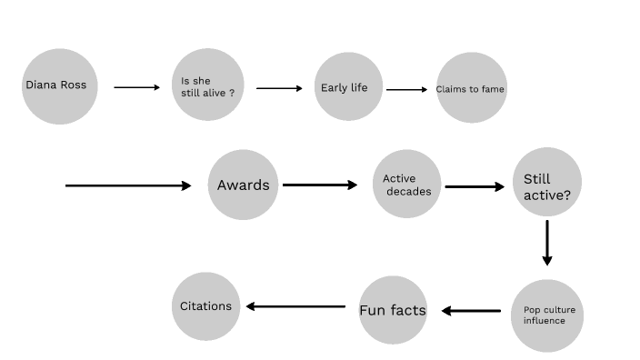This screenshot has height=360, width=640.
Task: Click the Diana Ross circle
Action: click(x=60, y=86)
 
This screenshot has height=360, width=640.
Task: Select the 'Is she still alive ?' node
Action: click(x=208, y=86)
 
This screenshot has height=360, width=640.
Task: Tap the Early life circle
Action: click(x=348, y=87)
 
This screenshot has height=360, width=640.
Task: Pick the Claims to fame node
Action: click(x=470, y=88)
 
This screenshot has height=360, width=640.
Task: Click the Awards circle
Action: click(x=243, y=185)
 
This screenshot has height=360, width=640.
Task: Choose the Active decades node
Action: click(x=406, y=185)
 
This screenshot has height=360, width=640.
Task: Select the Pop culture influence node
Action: click(x=545, y=315)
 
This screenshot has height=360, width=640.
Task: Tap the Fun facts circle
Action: click(x=393, y=311)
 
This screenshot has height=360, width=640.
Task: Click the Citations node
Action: click(x=206, y=306)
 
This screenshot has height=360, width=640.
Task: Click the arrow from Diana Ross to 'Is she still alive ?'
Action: click(x=135, y=87)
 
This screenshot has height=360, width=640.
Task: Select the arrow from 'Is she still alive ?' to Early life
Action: click(x=279, y=88)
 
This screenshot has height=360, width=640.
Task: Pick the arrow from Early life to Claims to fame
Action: click(x=406, y=89)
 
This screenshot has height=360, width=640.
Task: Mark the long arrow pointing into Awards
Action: click(x=128, y=185)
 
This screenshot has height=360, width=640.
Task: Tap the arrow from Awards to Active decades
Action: click(x=320, y=185)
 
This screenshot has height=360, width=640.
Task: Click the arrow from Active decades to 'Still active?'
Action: click(x=475, y=186)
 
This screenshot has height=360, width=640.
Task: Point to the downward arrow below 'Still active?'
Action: click(x=547, y=242)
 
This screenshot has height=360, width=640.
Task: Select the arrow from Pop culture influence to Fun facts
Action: click(x=472, y=311)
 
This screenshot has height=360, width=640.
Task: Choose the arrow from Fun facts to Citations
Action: click(x=295, y=306)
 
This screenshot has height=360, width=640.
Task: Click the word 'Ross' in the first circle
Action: click(x=74, y=85)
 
